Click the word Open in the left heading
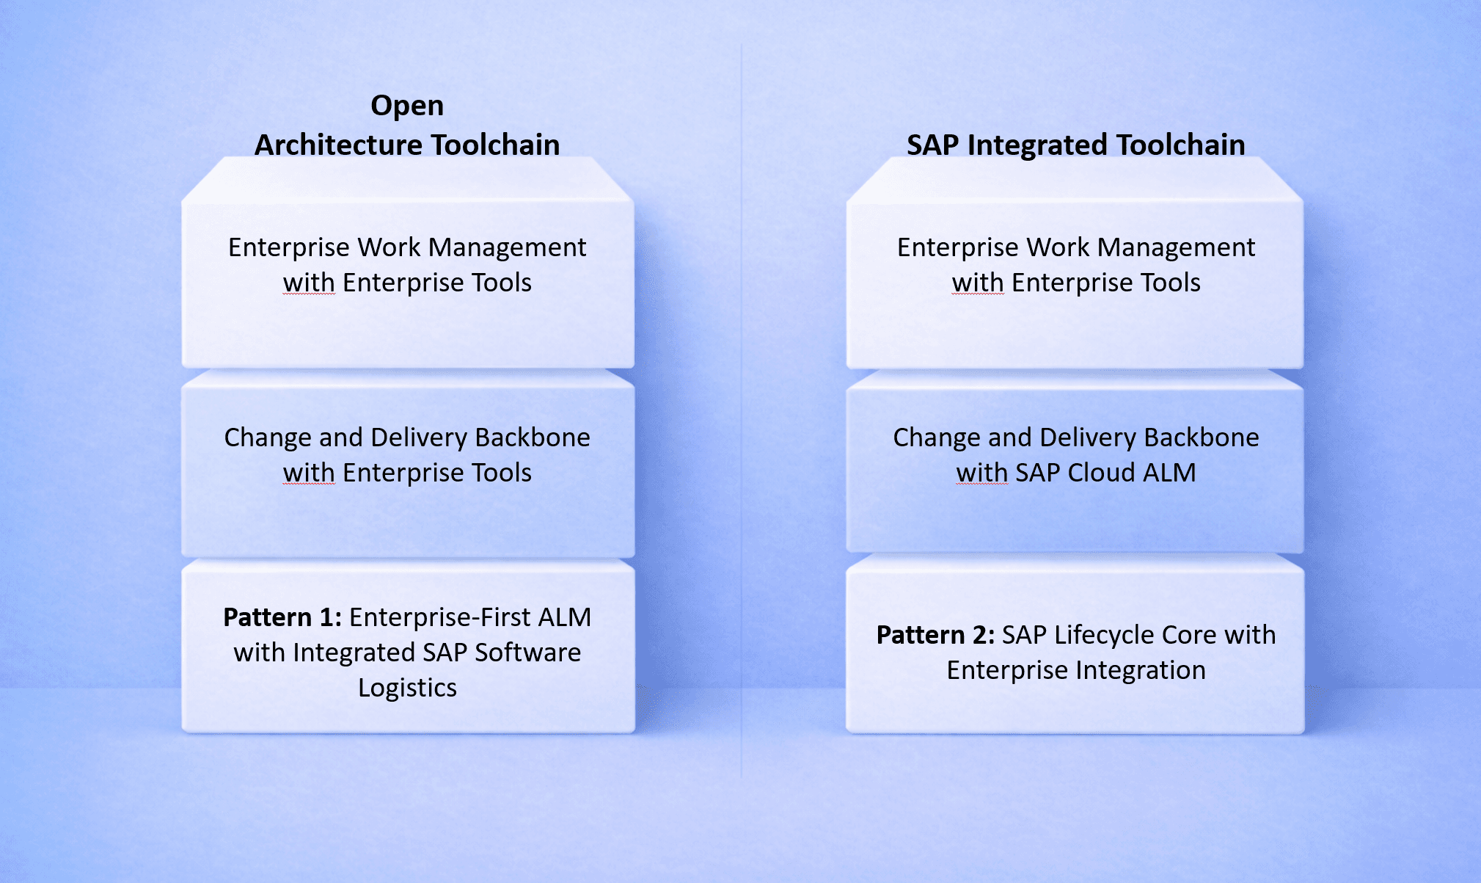[x=407, y=106]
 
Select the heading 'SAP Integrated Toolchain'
[x=1075, y=145]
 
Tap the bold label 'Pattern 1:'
[x=282, y=617]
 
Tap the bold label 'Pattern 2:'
[x=935, y=635]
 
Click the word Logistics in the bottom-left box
[x=407, y=688]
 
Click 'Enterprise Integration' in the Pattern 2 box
[x=1075, y=670]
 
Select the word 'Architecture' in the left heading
[x=338, y=145]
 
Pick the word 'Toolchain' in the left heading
[x=495, y=145]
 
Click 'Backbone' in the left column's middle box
[x=532, y=437]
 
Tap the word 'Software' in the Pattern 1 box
[x=527, y=653]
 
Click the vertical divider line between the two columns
[x=741, y=411]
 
